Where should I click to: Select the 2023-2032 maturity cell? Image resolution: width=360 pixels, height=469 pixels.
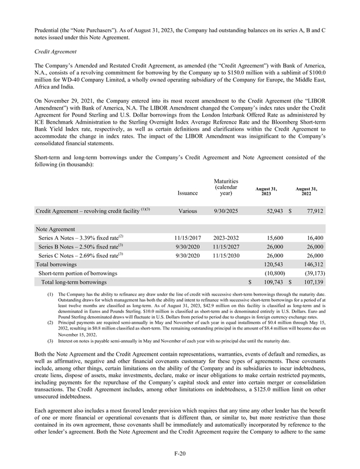[x=225, y=237]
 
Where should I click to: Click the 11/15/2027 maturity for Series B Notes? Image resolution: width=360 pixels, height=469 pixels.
[x=225, y=247]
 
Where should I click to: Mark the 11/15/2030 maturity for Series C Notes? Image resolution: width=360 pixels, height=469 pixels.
[x=225, y=256]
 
